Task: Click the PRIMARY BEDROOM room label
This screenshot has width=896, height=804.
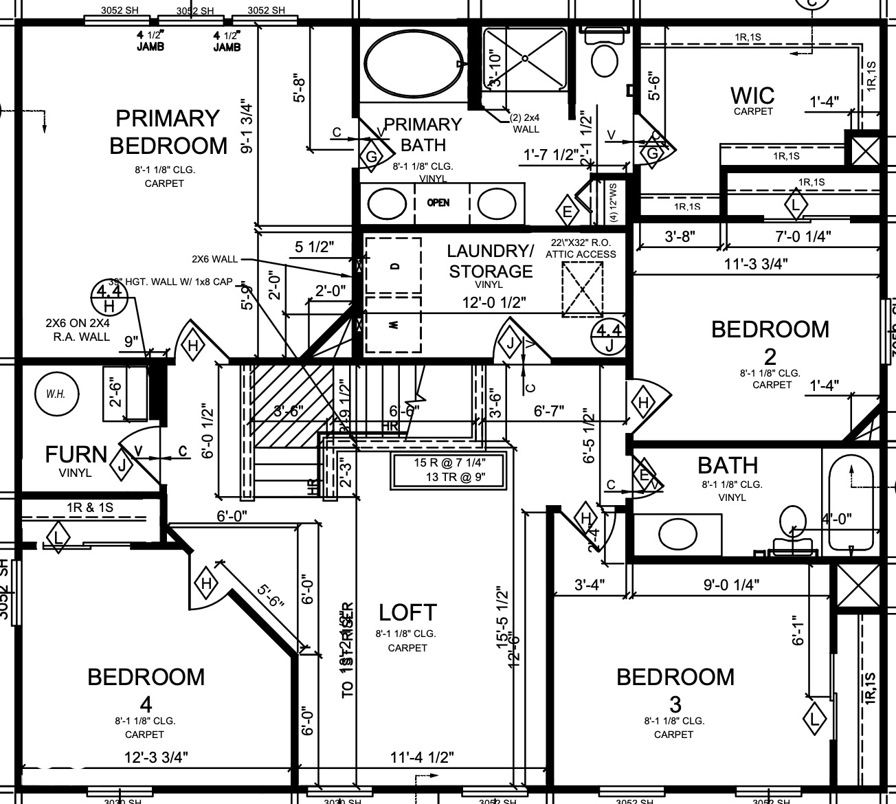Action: click(x=168, y=132)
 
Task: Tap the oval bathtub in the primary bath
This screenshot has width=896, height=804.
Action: click(x=411, y=64)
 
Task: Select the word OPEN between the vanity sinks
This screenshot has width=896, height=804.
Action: click(x=438, y=203)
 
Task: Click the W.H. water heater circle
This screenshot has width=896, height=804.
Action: click(x=57, y=394)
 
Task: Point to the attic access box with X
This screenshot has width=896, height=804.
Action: click(x=582, y=289)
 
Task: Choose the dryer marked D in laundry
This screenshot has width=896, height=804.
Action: click(x=393, y=266)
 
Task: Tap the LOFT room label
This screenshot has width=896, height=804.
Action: click(x=407, y=612)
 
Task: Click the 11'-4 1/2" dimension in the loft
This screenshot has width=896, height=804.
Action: click(x=422, y=757)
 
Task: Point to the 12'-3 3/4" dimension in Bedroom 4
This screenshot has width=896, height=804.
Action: click(x=156, y=757)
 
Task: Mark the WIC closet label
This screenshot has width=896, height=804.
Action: click(x=752, y=96)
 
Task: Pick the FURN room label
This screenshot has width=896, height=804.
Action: click(x=76, y=455)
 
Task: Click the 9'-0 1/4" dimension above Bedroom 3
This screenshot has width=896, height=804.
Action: click(x=731, y=585)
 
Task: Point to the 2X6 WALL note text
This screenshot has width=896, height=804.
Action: click(x=214, y=259)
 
